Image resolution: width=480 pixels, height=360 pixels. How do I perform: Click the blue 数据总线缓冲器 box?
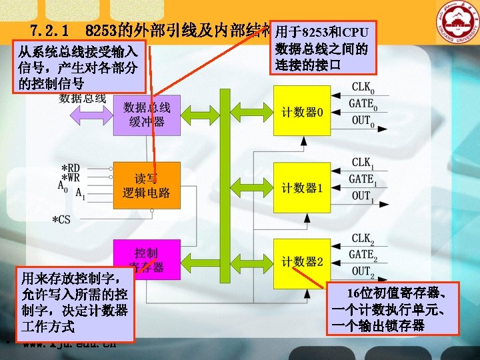(147, 115)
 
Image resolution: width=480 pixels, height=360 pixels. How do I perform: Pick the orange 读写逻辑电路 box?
(147, 185)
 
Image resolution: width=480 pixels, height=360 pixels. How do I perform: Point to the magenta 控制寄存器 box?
(147, 254)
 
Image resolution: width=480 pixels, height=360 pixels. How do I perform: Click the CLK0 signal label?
(363, 87)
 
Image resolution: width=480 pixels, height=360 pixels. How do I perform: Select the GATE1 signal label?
(363, 179)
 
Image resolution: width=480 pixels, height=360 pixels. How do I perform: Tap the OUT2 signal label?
(363, 271)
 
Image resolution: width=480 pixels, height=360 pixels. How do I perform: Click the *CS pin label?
(61, 219)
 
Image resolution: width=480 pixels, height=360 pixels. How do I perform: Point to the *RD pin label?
(71, 168)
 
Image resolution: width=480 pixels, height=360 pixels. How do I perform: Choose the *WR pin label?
(71, 179)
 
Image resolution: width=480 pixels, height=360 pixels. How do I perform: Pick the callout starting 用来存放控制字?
(75, 302)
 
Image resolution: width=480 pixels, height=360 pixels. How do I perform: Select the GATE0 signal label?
(363, 105)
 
